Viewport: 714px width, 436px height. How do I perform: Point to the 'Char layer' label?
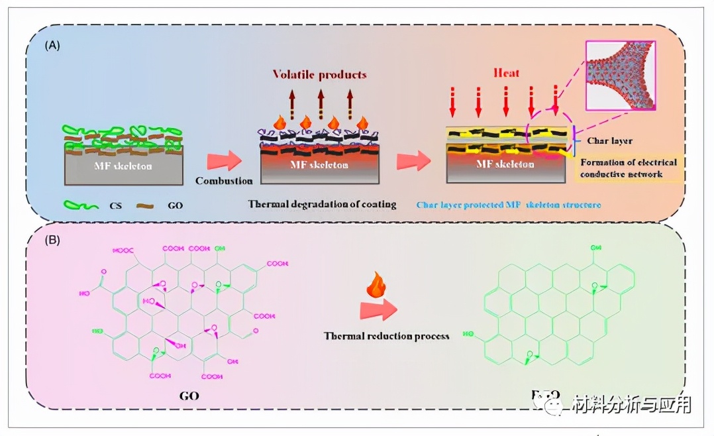pyautogui.click(x=610, y=140)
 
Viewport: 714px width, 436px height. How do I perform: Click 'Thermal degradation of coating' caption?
pyautogui.click(x=322, y=204)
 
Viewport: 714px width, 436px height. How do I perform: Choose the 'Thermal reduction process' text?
pyautogui.click(x=387, y=335)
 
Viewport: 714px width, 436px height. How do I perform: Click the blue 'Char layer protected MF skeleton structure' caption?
pyautogui.click(x=509, y=205)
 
